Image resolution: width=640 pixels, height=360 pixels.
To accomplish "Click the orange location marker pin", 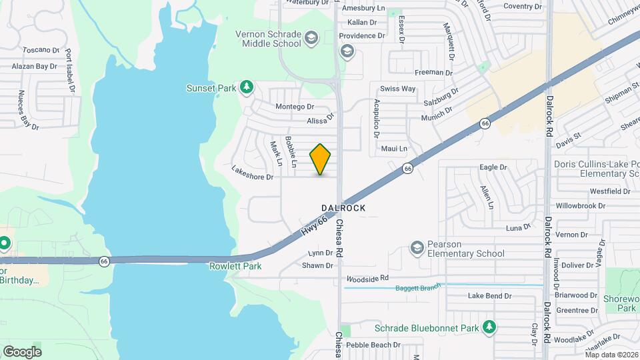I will [x=321, y=159].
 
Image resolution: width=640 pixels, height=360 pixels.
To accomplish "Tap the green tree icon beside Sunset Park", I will [x=247, y=87].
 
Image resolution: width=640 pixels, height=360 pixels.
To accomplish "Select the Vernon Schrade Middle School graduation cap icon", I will [x=311, y=39].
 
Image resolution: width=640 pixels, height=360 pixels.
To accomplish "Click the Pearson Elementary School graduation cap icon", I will [x=417, y=248].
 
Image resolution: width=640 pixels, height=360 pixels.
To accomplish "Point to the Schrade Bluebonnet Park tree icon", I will [x=490, y=327].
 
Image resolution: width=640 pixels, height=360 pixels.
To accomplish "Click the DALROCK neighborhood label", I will [x=343, y=208].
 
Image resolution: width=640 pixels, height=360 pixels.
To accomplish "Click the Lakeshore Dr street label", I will [x=253, y=177].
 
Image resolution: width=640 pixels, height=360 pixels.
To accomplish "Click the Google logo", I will [x=22, y=351].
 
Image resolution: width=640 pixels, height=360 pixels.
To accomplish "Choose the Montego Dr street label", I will [x=294, y=107].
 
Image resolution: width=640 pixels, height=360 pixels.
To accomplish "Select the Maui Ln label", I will [x=393, y=149].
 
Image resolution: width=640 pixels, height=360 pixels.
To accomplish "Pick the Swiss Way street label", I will [x=397, y=89].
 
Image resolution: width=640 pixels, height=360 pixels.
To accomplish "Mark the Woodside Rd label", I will [x=367, y=277].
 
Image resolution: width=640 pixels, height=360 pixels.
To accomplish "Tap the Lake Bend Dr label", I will [x=489, y=295].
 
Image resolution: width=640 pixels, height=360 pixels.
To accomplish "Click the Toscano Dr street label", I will [x=41, y=50].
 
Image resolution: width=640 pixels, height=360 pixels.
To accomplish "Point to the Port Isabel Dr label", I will [x=69, y=69].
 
